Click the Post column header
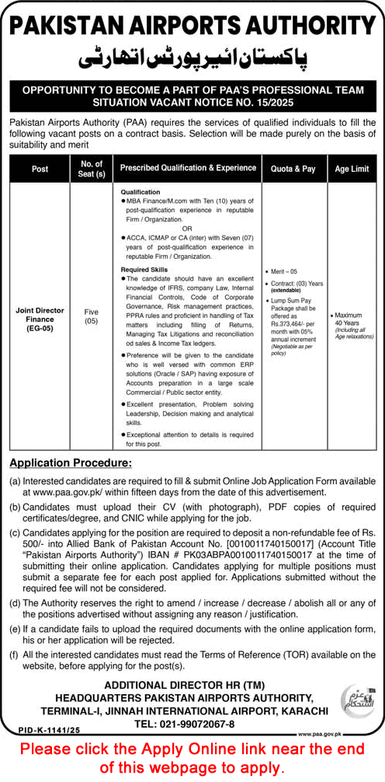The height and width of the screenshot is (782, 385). coord(40,169)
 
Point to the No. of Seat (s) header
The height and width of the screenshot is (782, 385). coord(92,169)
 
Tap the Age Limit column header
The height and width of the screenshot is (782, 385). coord(352,169)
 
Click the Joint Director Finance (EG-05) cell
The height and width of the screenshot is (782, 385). coord(40,316)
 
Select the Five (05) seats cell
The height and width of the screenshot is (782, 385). coord(92,316)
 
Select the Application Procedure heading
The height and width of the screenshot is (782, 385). coord(70,463)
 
